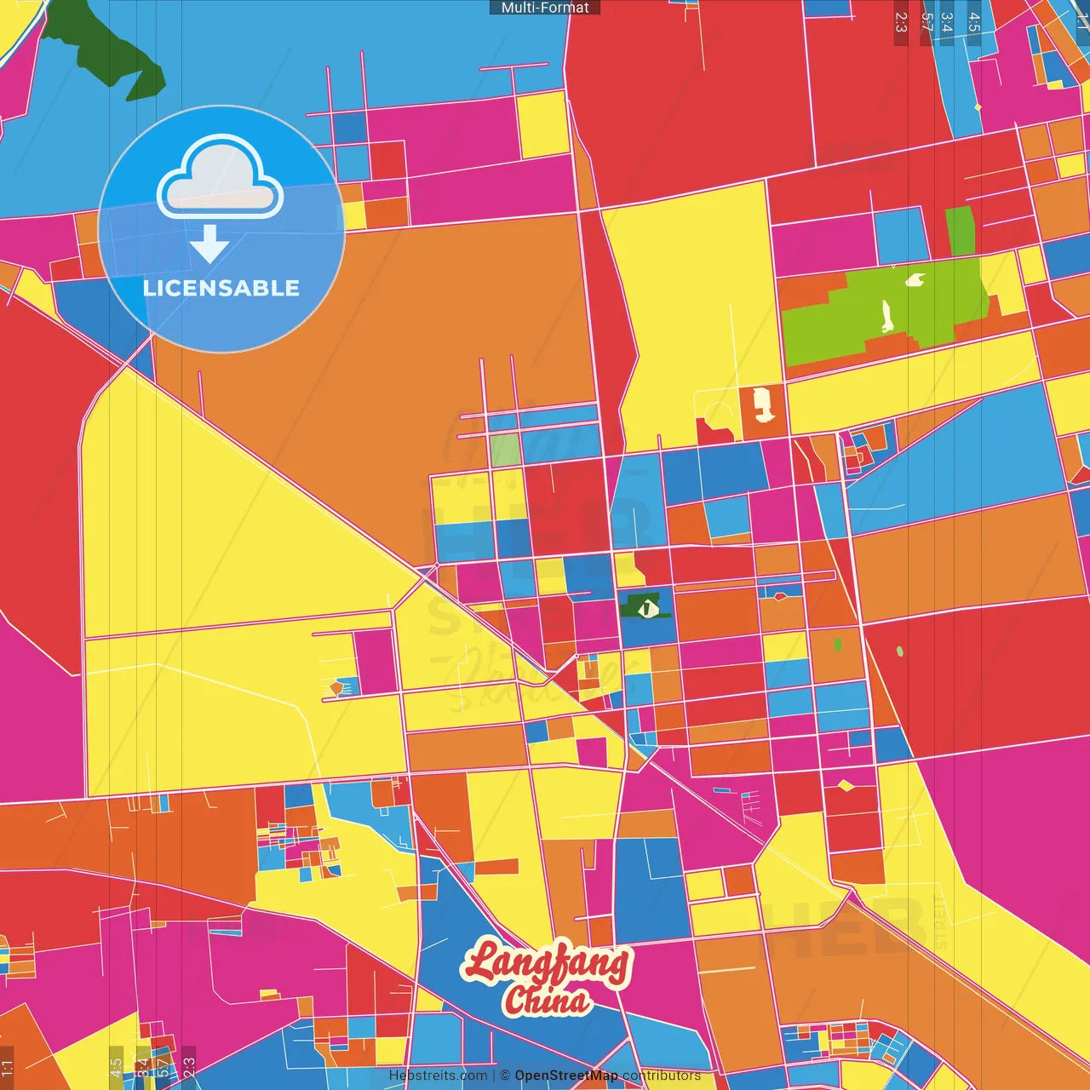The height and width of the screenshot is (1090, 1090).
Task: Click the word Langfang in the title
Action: pyautogui.click(x=547, y=965)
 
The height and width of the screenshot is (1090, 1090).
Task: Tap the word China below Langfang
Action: pyautogui.click(x=547, y=1000)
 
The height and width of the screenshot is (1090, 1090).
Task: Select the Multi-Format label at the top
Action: pyautogui.click(x=545, y=8)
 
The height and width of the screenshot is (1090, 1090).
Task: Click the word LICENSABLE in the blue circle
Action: pyautogui.click(x=221, y=288)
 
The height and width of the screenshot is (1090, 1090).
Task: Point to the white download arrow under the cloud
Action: pyautogui.click(x=209, y=244)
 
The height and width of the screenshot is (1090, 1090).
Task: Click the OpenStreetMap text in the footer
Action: pyautogui.click(x=565, y=1076)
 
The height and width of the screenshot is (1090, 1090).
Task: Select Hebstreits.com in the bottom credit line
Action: pyautogui.click(x=438, y=1076)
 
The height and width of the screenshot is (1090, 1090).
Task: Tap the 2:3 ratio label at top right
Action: pyautogui.click(x=901, y=22)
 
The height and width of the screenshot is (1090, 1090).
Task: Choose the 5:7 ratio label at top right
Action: pyautogui.click(x=926, y=22)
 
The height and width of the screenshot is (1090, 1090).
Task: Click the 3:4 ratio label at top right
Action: pyautogui.click(x=947, y=22)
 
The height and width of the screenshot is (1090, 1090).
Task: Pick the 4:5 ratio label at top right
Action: pyautogui.click(x=974, y=22)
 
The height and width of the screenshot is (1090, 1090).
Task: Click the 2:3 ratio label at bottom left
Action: pyautogui.click(x=189, y=1066)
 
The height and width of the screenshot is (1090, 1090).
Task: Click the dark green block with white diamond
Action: pyautogui.click(x=645, y=606)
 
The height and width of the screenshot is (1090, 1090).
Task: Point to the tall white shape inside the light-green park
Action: pyautogui.click(x=886, y=316)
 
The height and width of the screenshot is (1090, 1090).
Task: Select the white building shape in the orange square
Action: pyautogui.click(x=762, y=405)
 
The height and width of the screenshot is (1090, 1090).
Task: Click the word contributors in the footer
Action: pyautogui.click(x=662, y=1076)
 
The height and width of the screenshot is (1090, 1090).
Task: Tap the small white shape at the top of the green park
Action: pyautogui.click(x=915, y=279)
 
